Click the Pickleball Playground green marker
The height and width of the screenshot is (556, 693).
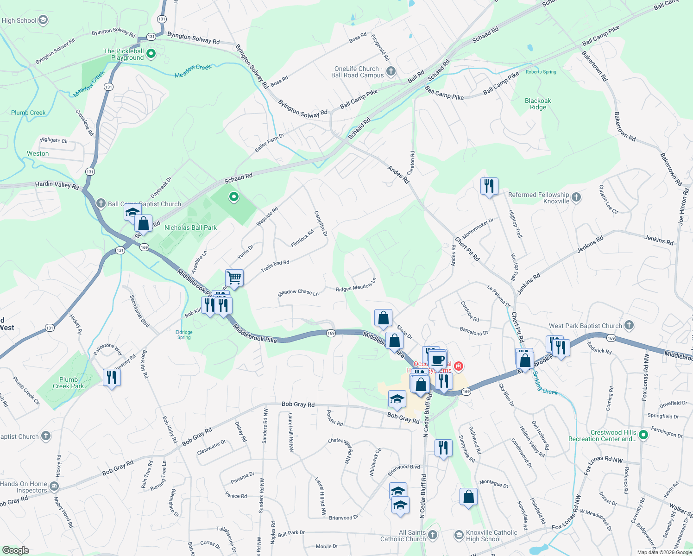pyautogui.click(x=151, y=54)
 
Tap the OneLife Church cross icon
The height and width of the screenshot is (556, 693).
pyautogui.click(x=391, y=71)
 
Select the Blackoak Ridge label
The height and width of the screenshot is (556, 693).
pyautogui.click(x=538, y=104)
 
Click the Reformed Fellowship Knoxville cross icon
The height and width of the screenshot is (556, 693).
pyautogui.click(x=576, y=197)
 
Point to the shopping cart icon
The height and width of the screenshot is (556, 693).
pyautogui.click(x=234, y=278)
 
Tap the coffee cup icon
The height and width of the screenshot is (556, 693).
pyautogui.click(x=437, y=359)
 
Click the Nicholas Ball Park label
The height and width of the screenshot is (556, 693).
pyautogui.click(x=190, y=227)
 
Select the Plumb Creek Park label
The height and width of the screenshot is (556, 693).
pyautogui.click(x=69, y=383)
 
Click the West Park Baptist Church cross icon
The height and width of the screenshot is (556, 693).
pyautogui.click(x=629, y=325)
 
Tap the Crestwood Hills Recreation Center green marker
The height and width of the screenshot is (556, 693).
pyautogui.click(x=643, y=435)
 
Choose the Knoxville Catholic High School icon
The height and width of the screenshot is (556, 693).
pyautogui.click(x=459, y=536)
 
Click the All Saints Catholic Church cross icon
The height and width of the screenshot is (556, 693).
pyautogui.click(x=433, y=536)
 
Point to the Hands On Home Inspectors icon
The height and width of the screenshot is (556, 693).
pyautogui.click(x=54, y=486)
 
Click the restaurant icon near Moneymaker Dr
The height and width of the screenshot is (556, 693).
pyautogui.click(x=489, y=186)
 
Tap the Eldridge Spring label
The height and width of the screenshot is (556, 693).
pyautogui.click(x=184, y=335)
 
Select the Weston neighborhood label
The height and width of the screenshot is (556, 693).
pyautogui.click(x=38, y=153)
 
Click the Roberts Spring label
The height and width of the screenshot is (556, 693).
pyautogui.click(x=541, y=72)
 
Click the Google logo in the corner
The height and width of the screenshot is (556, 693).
pyautogui.click(x=15, y=550)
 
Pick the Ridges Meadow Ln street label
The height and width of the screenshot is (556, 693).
pyautogui.click(x=356, y=285)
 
